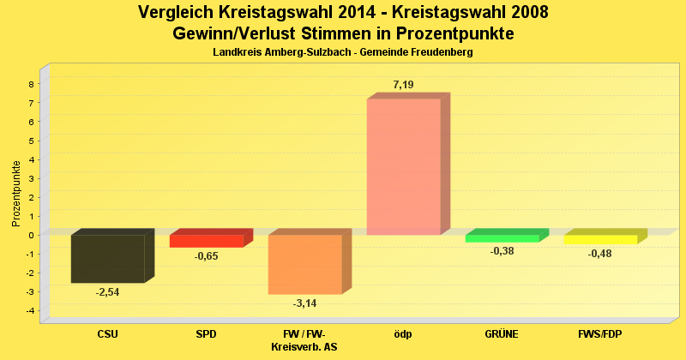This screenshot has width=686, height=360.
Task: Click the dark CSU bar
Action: coord(107,258)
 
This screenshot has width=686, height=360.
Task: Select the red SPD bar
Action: coord(206,241)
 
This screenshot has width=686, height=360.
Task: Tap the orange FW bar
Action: coord(304,264)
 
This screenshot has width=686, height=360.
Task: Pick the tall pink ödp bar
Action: coord(403,166)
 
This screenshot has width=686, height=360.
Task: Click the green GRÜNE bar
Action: coord(502,238)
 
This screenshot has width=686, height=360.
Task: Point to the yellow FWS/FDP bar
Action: coord(600,239)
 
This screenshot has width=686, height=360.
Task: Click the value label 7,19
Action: coord(403,84)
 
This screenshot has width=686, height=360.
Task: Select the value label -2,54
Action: coord(107,292)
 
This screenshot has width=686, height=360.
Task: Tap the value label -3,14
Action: coord(304,303)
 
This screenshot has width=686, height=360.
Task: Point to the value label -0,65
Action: coord(206,256)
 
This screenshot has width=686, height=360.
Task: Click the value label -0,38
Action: coord(502,251)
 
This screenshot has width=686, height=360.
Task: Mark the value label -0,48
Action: coord(600,254)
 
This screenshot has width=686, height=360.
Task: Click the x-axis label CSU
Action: coord(107,334)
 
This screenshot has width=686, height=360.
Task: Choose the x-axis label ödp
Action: coord(403,334)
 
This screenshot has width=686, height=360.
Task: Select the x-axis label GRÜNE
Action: coord(502,334)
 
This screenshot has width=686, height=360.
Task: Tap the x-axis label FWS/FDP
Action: coord(600,334)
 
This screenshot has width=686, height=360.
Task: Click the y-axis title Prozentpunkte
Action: coord(16,194)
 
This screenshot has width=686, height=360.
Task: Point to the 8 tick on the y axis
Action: coord(31,84)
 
